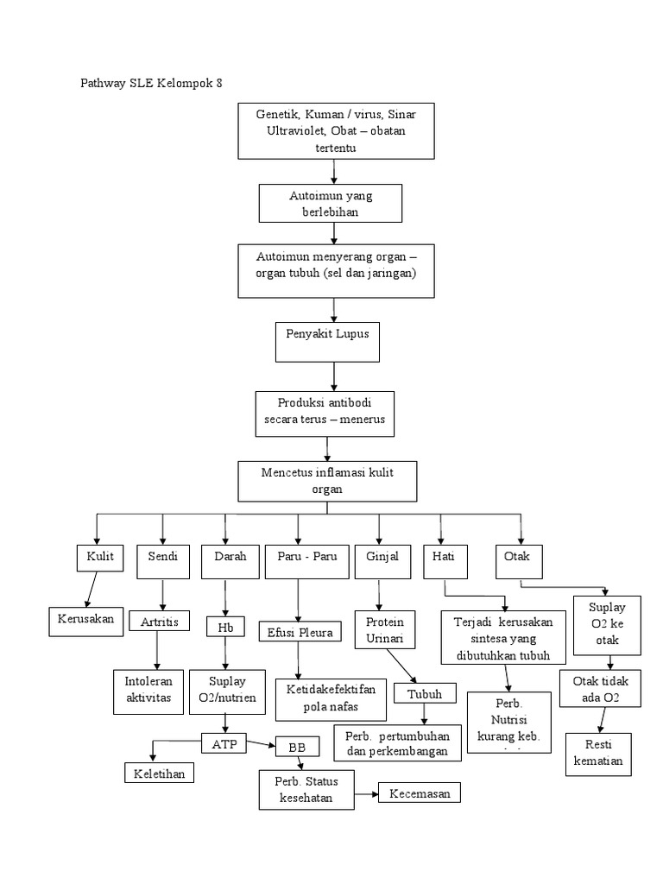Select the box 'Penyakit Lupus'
click(333, 341)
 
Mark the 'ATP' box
click(224, 742)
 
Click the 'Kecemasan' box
click(420, 793)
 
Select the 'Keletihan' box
click(159, 773)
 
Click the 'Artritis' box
click(160, 621)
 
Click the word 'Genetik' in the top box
click(277, 113)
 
